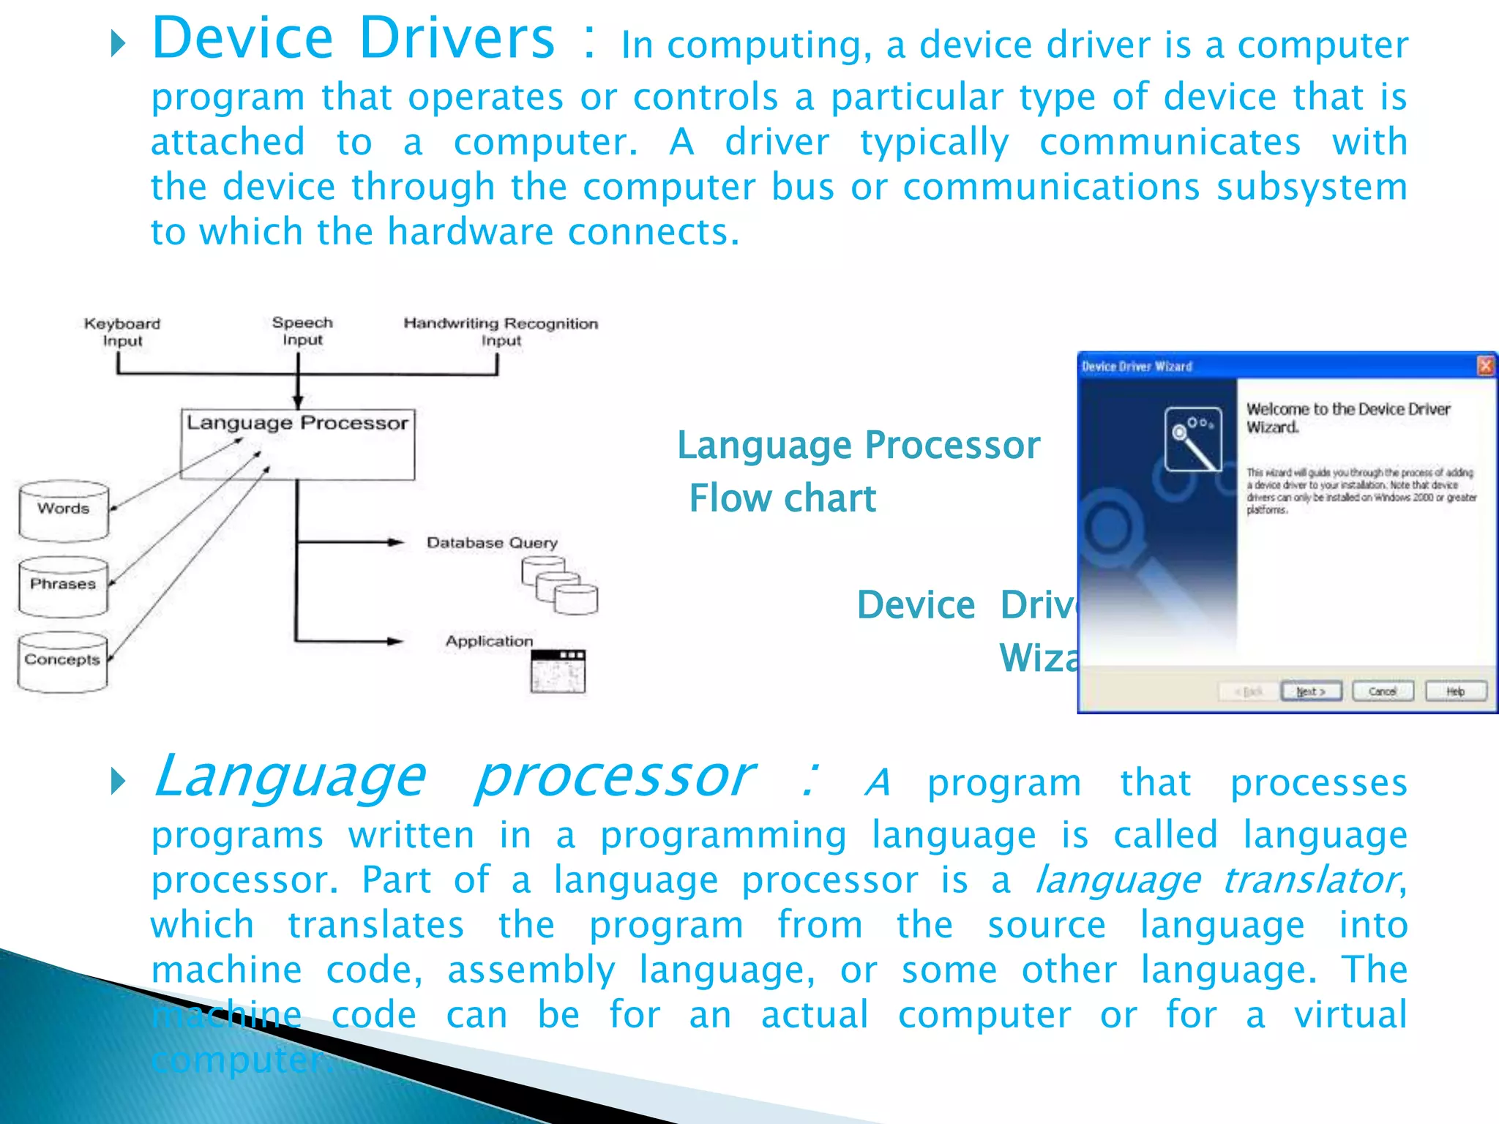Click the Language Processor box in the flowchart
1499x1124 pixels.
[297, 444]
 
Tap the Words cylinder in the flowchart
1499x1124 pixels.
[64, 510]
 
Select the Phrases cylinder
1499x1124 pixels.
[63, 585]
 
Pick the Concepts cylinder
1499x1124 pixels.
[62, 661]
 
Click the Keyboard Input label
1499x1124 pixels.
[122, 331]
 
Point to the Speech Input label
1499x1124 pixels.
[302, 331]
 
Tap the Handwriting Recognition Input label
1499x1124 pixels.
[501, 331]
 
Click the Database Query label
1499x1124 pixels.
[492, 542]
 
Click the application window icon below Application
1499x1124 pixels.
[558, 671]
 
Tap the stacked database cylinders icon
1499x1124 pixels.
[560, 585]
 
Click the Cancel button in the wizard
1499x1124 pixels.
[1382, 691]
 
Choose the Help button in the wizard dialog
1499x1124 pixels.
[1455, 691]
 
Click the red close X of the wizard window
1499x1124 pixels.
[1485, 365]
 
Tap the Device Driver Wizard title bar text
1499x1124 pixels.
[1137, 366]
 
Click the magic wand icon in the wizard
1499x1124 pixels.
[1193, 439]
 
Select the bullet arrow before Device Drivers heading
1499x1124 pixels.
[118, 45]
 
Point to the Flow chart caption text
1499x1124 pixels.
[782, 498]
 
